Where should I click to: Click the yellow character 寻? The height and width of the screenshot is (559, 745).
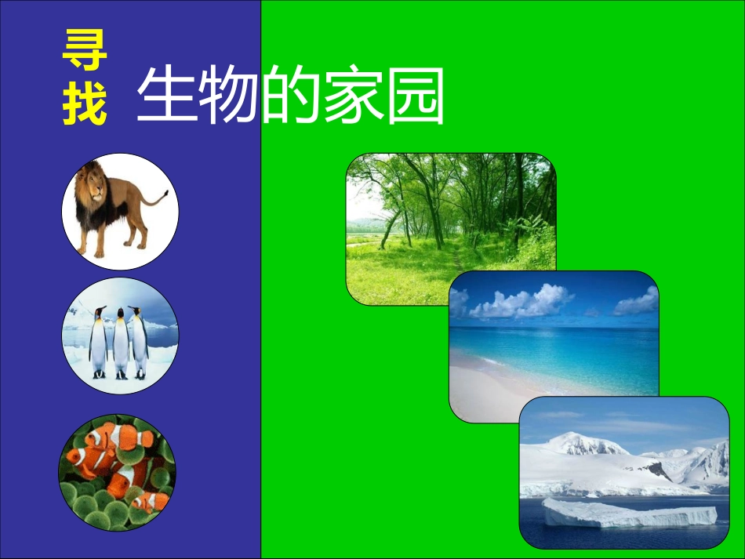click(85, 51)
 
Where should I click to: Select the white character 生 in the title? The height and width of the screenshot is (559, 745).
click(166, 96)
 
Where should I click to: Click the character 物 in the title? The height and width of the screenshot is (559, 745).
click(227, 96)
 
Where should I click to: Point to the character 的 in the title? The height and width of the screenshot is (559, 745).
click(290, 96)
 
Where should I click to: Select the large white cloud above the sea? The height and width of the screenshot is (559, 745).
click(521, 303)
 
